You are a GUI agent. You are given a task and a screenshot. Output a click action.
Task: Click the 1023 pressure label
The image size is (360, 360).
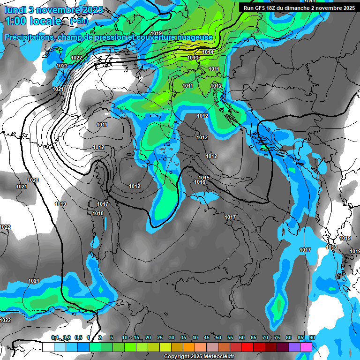point(61,66)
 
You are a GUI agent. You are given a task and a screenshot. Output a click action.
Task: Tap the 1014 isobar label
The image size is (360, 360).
point(208,52)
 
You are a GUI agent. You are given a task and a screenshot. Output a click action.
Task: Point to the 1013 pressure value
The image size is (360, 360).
point(193,58)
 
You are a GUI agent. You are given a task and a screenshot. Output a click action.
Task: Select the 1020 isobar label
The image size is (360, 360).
point(33,180)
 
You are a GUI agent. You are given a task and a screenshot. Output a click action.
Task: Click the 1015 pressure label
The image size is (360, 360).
point(204,178)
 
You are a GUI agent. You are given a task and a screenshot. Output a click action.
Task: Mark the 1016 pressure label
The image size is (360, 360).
point(200,182)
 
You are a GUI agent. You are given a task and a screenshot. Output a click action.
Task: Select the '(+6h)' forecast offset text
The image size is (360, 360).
point(78,21)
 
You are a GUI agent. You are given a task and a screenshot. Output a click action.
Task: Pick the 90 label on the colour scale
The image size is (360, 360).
point(312,337)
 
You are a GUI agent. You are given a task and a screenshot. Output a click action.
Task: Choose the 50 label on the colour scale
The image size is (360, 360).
point(218,337)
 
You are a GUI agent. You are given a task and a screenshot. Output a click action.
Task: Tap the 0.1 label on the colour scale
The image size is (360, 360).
point(55,337)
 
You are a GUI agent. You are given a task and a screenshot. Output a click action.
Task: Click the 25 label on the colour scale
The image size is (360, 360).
point(160,337)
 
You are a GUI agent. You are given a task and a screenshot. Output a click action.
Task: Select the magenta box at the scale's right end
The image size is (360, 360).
point(306,347)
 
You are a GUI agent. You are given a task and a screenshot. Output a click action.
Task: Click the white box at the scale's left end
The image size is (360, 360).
point(48,347)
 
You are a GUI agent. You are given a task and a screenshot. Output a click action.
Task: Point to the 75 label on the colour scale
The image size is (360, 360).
point(277,337)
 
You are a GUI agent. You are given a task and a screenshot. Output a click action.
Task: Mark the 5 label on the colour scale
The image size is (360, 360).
point(112,337)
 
